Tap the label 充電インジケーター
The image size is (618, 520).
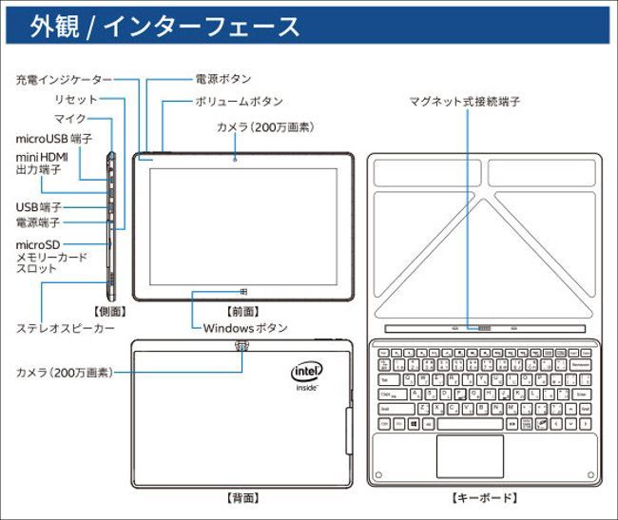pos(63,80)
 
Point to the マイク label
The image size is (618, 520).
pos(69,119)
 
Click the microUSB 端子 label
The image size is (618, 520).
pos(53,139)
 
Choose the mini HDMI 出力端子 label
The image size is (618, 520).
pos(42,163)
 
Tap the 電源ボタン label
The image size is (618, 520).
pos(222,79)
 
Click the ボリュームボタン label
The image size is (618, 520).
pos(239,101)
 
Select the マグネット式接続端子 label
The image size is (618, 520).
pos(464,101)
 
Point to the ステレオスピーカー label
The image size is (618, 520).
pos(66,328)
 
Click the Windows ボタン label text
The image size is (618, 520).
pos(245,328)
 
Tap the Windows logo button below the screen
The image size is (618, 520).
pos(244,291)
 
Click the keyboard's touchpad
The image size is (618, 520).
pos(470,456)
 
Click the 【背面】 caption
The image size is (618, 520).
pos(242,497)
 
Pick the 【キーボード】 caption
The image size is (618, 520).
pos(483,497)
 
